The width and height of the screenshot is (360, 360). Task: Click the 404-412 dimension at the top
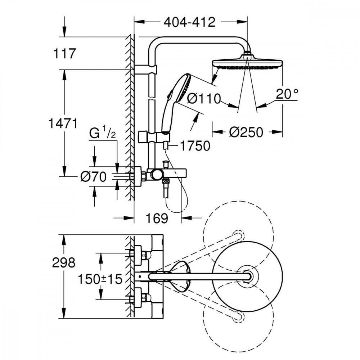[x=190, y=22]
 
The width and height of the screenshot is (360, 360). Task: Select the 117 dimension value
[x=64, y=54]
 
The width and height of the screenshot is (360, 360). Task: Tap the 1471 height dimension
[x=63, y=123]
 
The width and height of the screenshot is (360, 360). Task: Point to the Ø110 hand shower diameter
[x=204, y=99]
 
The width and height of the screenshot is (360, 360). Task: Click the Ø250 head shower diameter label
[x=246, y=132]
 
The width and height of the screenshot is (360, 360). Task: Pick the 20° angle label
[x=287, y=94]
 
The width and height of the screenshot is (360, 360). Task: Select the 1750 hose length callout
[x=195, y=145]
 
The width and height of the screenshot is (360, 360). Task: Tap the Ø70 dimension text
[x=94, y=177]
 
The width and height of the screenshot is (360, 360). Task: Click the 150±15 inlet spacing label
[x=100, y=279]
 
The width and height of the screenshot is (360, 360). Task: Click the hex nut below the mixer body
[x=166, y=181]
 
